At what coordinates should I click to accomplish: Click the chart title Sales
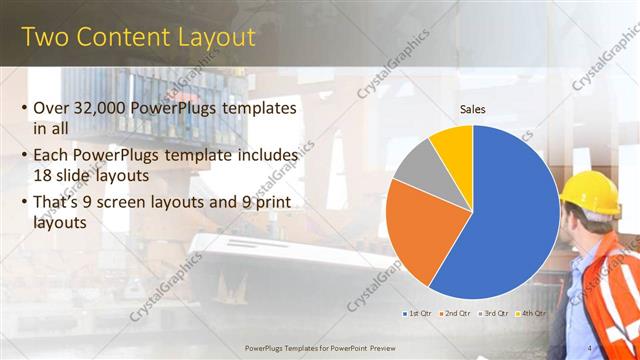pyautogui.click(x=473, y=109)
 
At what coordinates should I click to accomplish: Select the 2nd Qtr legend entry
pyautogui.click(x=457, y=313)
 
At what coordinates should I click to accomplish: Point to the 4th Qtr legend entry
pyautogui.click(x=531, y=313)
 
